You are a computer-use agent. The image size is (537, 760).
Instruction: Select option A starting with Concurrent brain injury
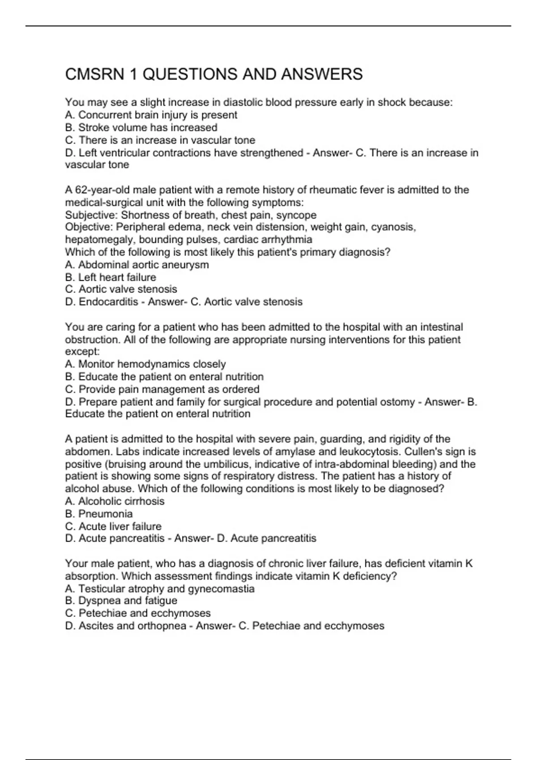coord(151,115)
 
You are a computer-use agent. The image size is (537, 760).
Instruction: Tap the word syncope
coord(296,215)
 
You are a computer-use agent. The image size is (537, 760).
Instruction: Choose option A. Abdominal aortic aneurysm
coord(137,265)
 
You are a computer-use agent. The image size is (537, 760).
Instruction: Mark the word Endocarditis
coord(108,302)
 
